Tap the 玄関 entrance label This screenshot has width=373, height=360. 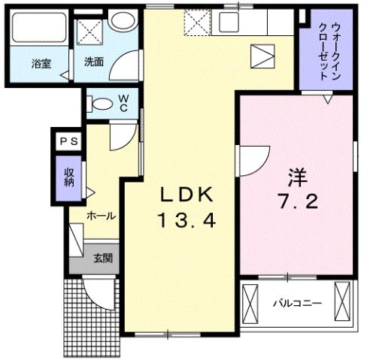pos(102,259)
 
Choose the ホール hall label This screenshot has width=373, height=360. pos(101,216)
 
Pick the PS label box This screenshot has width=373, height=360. pos(68,140)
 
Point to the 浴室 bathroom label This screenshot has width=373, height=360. pos(41,64)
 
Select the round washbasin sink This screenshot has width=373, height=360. pos(120,22)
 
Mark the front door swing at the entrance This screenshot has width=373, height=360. pos(97,292)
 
